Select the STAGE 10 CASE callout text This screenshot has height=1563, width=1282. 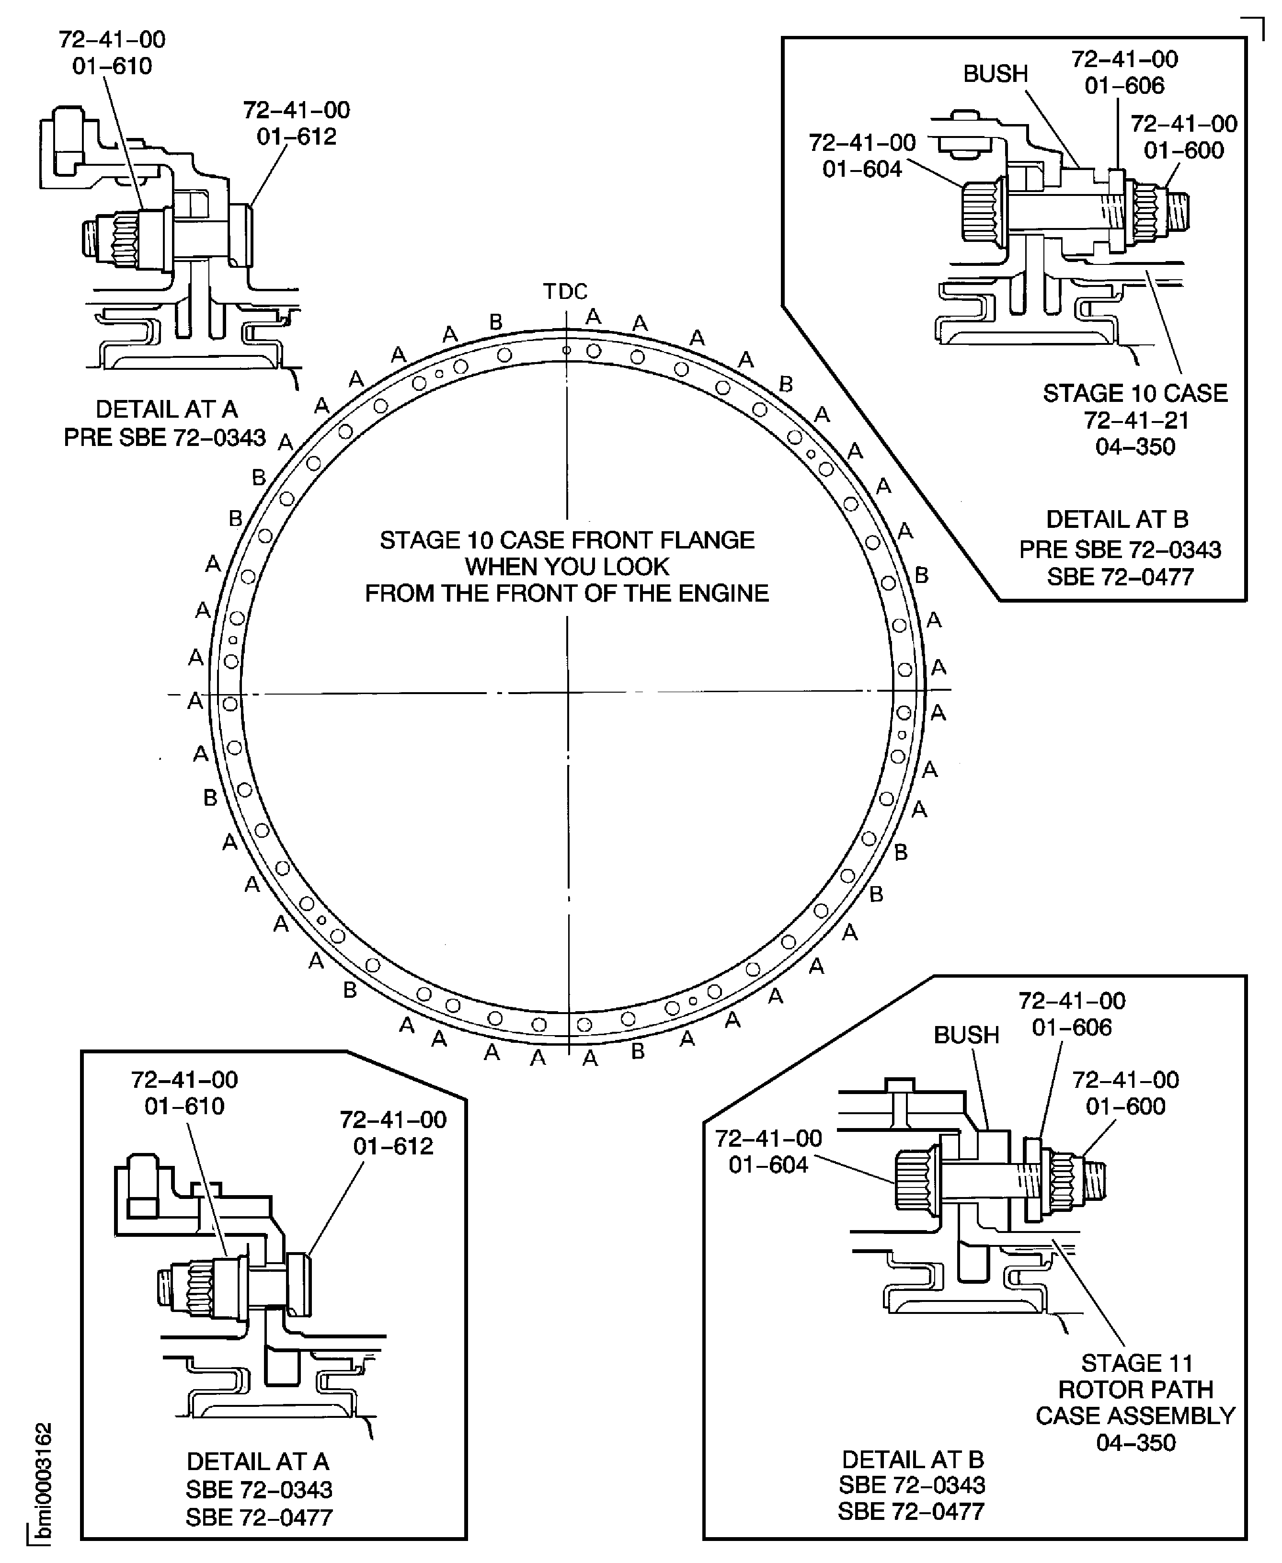pyautogui.click(x=1134, y=394)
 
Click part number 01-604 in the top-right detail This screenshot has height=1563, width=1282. pyautogui.click(x=862, y=169)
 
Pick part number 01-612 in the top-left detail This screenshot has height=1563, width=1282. pyautogui.click(x=296, y=137)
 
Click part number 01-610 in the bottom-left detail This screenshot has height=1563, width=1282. pyautogui.click(x=184, y=1106)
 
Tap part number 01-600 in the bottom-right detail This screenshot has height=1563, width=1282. pyautogui.click(x=1125, y=1106)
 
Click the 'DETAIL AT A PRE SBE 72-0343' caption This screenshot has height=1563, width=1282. pyautogui.click(x=165, y=423)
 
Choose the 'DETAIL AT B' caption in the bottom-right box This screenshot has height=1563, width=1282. pyautogui.click(x=912, y=1459)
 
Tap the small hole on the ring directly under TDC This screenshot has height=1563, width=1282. pyautogui.click(x=566, y=350)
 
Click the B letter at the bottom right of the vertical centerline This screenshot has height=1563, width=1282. pyautogui.click(x=638, y=1050)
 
